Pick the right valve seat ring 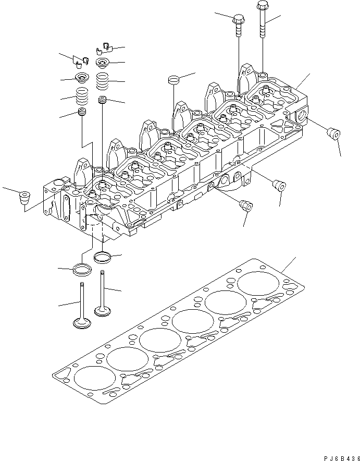[x=102, y=257]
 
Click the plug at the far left [x=24, y=198]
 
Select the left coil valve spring [x=82, y=96]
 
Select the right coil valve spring [x=103, y=81]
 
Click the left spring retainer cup [x=81, y=79]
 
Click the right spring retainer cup [x=103, y=64]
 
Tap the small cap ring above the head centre [x=173, y=80]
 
